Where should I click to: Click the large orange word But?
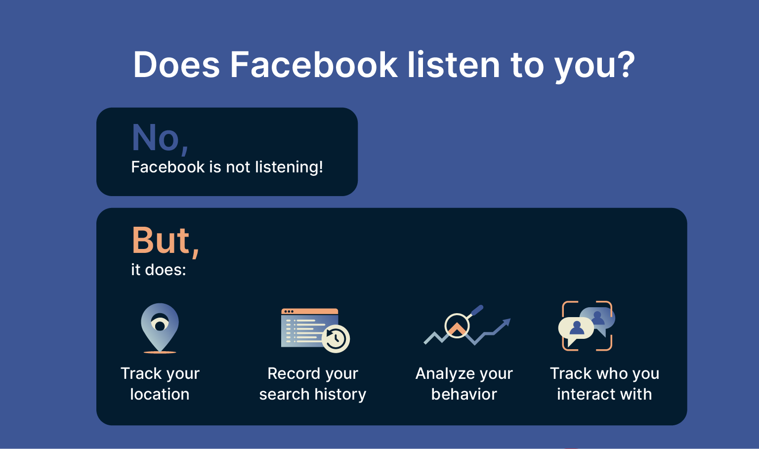point(161,241)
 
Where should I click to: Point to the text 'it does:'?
point(158,270)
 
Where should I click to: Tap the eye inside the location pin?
point(160,325)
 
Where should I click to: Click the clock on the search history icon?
point(336,339)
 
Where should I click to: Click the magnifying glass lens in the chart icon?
point(457,326)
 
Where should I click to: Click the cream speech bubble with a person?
point(576,328)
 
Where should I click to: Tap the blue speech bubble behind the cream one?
point(599,316)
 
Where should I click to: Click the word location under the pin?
point(160,394)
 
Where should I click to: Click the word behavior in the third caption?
point(464,394)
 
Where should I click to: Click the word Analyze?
point(442,374)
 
